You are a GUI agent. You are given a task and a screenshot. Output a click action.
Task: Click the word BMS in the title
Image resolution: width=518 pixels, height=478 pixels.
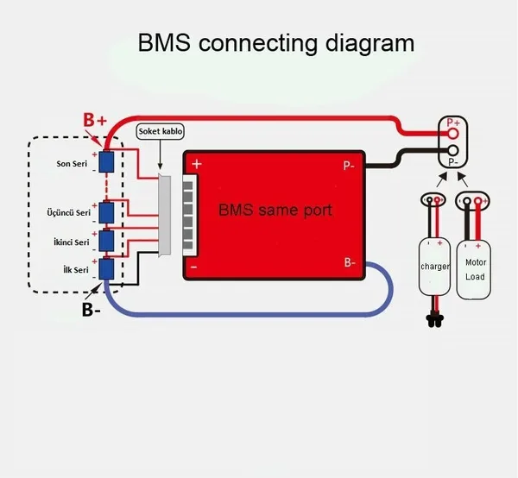(164, 42)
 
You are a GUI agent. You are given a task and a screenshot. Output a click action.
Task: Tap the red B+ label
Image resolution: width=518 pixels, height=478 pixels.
(95, 120)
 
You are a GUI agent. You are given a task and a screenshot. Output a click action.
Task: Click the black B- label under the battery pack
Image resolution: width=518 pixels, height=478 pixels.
(92, 310)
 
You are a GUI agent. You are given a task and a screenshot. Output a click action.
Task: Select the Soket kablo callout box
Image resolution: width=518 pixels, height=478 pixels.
(161, 131)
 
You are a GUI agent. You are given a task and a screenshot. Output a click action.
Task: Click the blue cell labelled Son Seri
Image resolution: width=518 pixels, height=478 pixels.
(106, 161)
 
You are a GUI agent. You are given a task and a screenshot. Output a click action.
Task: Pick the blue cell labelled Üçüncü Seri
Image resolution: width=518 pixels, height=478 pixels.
(106, 212)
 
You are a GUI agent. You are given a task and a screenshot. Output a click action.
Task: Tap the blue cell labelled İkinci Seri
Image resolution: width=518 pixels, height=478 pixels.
(106, 241)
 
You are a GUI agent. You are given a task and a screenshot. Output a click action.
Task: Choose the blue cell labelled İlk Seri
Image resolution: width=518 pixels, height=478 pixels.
(106, 268)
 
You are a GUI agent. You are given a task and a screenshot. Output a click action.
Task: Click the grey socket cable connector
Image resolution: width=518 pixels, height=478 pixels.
(165, 216)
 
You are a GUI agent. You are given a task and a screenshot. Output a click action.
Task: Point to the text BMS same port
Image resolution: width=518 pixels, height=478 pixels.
(275, 210)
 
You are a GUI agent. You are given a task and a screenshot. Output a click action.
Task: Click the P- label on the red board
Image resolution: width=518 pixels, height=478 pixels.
(349, 166)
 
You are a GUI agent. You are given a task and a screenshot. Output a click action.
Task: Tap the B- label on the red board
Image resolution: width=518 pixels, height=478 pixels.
(350, 262)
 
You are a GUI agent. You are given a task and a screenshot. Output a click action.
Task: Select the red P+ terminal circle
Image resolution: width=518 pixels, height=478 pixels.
(453, 134)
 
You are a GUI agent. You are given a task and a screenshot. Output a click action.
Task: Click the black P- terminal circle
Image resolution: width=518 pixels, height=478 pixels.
(453, 150)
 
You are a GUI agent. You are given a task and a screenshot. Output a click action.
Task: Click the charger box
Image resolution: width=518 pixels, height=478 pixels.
(434, 267)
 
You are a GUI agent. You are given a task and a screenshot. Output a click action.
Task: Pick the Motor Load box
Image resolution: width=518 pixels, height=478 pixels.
(473, 270)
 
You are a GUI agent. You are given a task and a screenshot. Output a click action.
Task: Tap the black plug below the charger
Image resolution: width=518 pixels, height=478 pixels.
(434, 320)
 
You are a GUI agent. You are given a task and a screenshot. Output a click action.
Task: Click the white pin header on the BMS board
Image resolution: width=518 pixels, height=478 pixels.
(190, 215)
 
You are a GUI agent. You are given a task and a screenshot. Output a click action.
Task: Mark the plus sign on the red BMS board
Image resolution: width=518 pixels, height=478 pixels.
(197, 164)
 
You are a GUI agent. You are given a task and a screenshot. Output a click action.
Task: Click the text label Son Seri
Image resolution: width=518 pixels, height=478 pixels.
(72, 164)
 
